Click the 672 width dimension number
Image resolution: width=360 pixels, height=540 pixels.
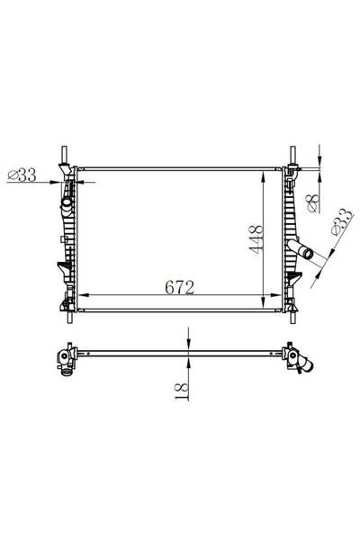(179, 288)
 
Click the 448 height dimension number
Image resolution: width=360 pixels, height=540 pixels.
(257, 239)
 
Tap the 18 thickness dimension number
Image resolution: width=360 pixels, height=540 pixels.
(182, 391)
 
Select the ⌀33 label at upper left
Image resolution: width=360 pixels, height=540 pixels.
(22, 175)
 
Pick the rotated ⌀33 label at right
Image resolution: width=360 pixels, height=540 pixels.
(342, 221)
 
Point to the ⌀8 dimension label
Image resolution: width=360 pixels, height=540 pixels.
(313, 203)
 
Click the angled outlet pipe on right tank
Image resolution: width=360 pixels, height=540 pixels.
(300, 249)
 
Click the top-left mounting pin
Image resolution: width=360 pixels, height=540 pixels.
(64, 156)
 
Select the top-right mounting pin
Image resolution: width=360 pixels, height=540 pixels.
(292, 156)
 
